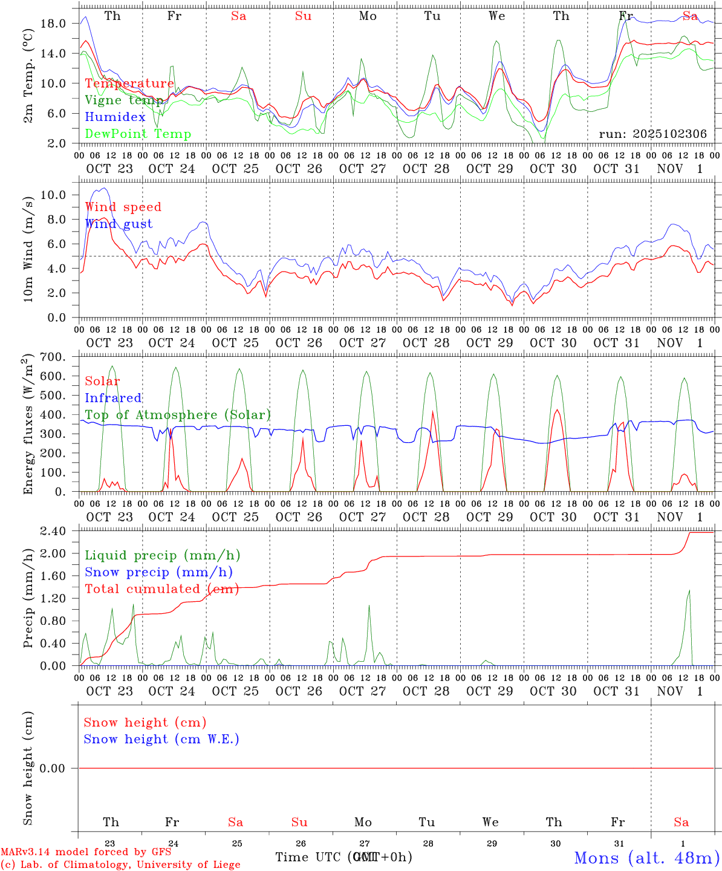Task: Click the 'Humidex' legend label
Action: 115,117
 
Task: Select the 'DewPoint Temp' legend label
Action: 138,134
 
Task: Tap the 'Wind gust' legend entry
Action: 119,224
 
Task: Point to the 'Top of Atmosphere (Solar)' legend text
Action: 178,415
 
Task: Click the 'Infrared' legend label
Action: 113,398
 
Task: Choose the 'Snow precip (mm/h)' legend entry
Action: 158,572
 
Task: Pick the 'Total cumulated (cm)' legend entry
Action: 160,589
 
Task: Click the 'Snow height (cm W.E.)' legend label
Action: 161,739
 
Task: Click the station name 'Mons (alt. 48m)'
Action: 646,858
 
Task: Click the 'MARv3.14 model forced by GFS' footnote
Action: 86,852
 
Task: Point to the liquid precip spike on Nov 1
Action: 689,592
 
